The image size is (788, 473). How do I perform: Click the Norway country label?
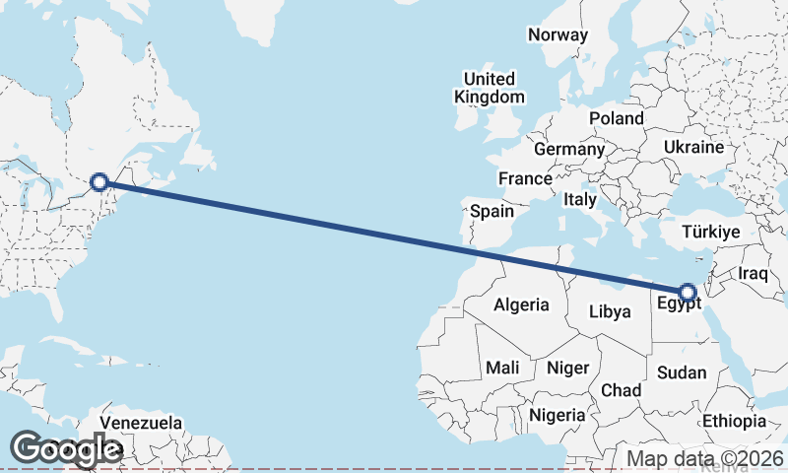(558, 35)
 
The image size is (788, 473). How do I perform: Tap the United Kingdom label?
(490, 88)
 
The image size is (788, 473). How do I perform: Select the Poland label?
(617, 118)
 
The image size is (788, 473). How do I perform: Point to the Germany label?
(568, 150)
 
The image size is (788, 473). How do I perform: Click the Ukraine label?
(693, 147)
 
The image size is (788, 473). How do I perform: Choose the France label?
(524, 179)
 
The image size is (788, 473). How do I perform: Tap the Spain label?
(492, 211)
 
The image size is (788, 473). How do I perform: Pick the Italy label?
(580, 200)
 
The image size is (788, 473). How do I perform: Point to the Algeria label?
(521, 305)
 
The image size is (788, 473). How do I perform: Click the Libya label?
(609, 311)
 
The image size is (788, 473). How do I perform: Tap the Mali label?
(502, 368)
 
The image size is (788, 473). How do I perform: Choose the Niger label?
(567, 368)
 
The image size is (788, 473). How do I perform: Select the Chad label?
(621, 390)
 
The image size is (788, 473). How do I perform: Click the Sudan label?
(682, 372)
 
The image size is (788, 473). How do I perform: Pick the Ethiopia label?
(734, 421)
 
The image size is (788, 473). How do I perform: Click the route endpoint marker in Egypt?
(687, 291)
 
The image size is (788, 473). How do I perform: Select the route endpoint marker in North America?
(98, 181)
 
